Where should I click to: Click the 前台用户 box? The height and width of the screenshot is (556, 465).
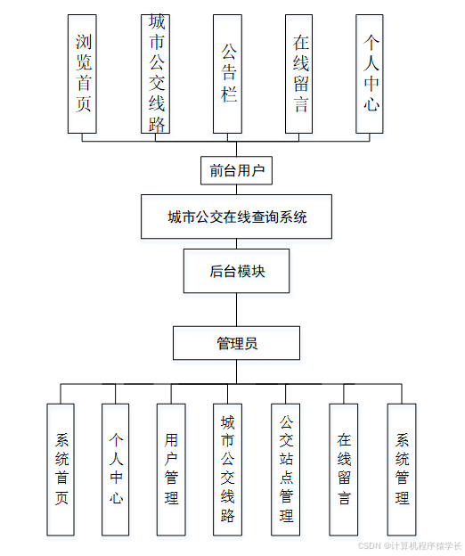(236, 170)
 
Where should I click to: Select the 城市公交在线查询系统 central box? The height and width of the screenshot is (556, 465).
(236, 217)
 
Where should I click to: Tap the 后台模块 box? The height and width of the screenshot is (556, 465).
(236, 272)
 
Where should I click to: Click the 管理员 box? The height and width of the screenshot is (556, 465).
(236, 343)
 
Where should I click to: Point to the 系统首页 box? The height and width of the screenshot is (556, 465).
(61, 469)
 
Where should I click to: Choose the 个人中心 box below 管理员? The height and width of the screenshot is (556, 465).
(115, 469)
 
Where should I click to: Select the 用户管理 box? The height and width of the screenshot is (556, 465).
(171, 469)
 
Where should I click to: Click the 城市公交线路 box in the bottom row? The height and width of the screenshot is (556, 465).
(228, 469)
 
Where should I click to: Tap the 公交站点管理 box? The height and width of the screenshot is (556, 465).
(286, 469)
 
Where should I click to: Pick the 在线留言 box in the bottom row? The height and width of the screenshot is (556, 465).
(344, 469)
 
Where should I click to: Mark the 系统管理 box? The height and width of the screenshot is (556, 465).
(402, 469)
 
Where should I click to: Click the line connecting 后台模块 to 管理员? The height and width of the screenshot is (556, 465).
(236, 310)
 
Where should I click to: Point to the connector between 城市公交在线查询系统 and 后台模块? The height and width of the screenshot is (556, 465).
(236, 244)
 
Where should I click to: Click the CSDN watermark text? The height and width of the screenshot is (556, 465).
(409, 545)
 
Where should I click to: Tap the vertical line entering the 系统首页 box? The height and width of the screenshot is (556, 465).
(61, 394)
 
